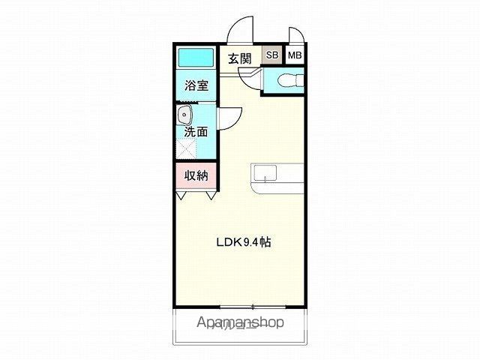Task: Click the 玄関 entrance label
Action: (x=239, y=57)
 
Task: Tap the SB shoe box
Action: (x=271, y=55)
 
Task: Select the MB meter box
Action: (x=295, y=55)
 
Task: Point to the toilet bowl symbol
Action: (x=288, y=79)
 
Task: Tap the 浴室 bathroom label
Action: (x=197, y=85)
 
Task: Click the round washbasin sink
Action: (x=184, y=116)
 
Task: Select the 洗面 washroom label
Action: (x=196, y=132)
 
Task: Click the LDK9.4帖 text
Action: (x=243, y=242)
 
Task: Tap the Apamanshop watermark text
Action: (x=240, y=323)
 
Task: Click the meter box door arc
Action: (x=295, y=36)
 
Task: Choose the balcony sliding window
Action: (x=252, y=307)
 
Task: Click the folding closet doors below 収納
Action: (x=197, y=194)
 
